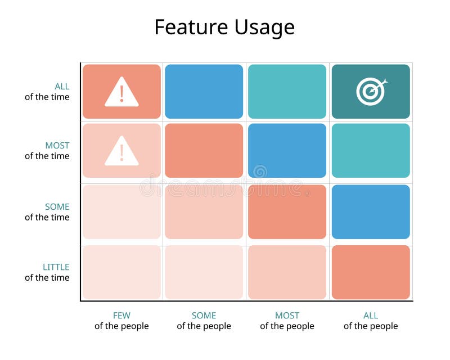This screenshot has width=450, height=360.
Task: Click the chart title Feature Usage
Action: [x=224, y=27]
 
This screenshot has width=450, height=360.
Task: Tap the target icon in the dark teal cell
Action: [x=371, y=91]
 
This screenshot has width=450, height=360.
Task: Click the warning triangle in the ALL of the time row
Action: [x=121, y=92]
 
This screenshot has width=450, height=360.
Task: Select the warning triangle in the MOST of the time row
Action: [x=121, y=151]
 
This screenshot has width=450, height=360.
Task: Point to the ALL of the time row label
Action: [x=47, y=92]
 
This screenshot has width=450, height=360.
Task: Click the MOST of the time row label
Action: [x=47, y=151]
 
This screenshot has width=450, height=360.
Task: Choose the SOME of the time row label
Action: [x=47, y=212]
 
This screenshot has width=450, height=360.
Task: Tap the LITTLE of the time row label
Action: [x=47, y=272]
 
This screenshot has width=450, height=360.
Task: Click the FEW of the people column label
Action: [x=121, y=321]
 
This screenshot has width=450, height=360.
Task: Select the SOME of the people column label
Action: [x=204, y=321]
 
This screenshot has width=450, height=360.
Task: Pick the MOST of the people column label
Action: [x=287, y=321]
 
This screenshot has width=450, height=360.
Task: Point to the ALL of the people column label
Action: [x=371, y=321]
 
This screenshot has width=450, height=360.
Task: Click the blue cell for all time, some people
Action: [x=204, y=91]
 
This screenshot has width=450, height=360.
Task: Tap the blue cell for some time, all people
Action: [x=371, y=211]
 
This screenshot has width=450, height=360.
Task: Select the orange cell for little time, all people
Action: [x=371, y=272]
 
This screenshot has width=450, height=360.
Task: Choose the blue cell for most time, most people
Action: [x=287, y=151]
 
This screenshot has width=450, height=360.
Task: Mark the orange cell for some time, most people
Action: [x=287, y=211]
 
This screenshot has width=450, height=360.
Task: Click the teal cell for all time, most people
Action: [x=287, y=91]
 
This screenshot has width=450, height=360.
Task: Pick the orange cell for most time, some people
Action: [x=204, y=151]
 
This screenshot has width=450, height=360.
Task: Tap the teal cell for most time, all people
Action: [x=371, y=151]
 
